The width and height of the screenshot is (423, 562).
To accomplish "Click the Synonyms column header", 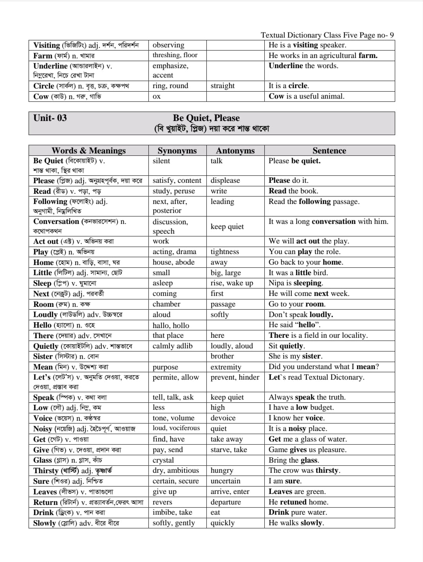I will pyautogui.click(x=177, y=151).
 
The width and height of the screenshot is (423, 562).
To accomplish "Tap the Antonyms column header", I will pyautogui.click(x=235, y=151).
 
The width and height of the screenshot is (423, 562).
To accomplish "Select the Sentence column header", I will pyautogui.click(x=329, y=151).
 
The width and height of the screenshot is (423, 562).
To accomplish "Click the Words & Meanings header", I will pyautogui.click(x=89, y=151).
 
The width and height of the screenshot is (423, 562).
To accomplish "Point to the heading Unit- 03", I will pyautogui.click(x=50, y=118).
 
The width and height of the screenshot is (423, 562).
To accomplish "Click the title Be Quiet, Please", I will pyautogui.click(x=206, y=118).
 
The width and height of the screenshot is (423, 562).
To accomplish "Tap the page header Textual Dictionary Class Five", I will pyautogui.click(x=327, y=35).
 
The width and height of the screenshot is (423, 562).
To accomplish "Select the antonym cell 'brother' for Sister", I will pyautogui.click(x=222, y=356).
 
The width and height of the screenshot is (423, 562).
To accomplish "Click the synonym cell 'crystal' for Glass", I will pyautogui.click(x=163, y=460).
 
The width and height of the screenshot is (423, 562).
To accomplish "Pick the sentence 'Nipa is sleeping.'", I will pyautogui.click(x=296, y=283).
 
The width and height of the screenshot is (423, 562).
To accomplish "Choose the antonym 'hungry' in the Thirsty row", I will pyautogui.click(x=222, y=470).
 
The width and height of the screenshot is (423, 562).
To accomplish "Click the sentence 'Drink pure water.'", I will pyautogui.click(x=298, y=512).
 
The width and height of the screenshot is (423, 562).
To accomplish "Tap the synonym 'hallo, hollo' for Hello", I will pyautogui.click(x=171, y=325).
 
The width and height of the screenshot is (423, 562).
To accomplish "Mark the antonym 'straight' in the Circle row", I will pyautogui.click(x=222, y=86).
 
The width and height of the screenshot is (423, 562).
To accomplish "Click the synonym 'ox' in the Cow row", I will pyautogui.click(x=156, y=96).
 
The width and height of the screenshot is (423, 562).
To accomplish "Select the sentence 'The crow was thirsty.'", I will pyautogui.click(x=304, y=470).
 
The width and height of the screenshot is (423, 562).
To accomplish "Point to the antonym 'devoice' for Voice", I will pyautogui.click(x=223, y=418).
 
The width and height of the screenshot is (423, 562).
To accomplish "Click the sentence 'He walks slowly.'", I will pyautogui.click(x=296, y=523).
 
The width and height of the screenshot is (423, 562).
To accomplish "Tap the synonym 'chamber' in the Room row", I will pyautogui.click(x=166, y=304).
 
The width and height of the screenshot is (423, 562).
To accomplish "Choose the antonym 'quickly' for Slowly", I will pyautogui.click(x=222, y=523).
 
